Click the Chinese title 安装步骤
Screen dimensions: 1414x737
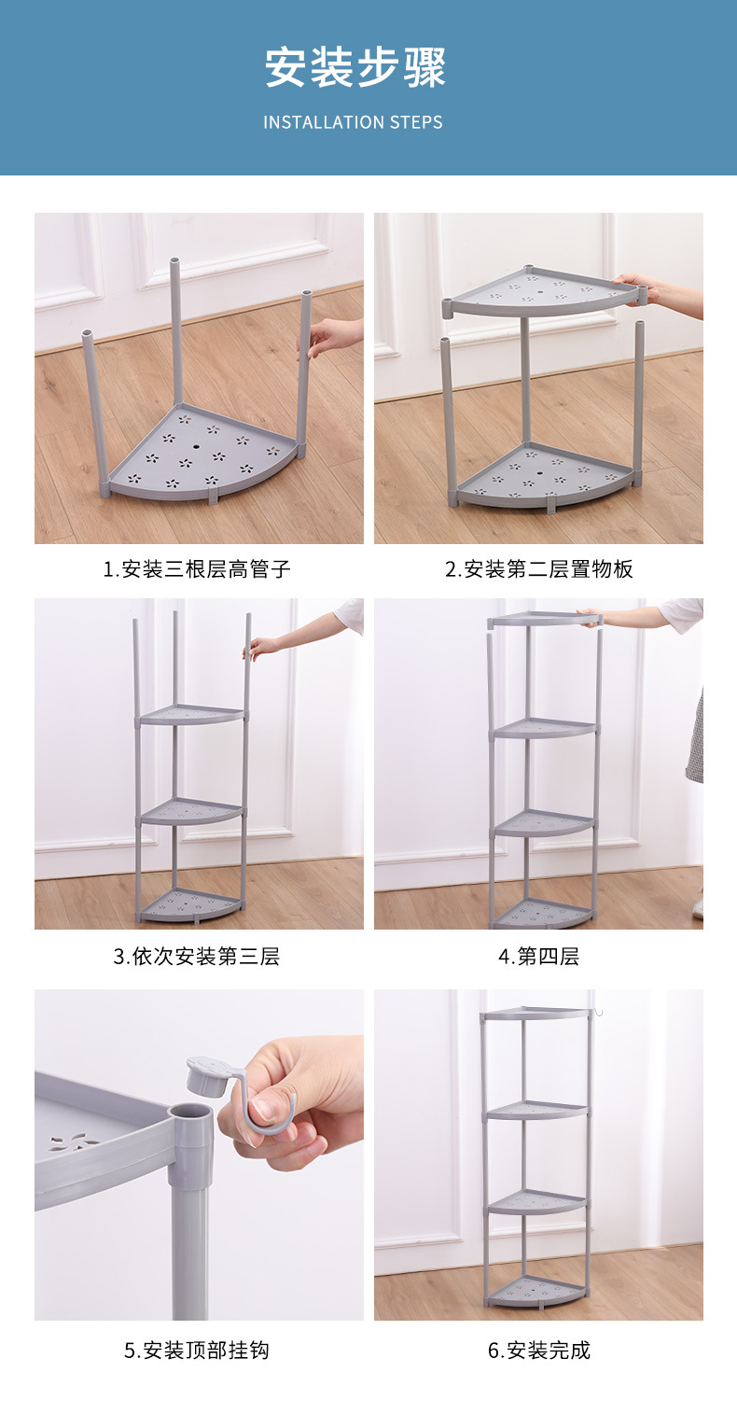click(355, 67)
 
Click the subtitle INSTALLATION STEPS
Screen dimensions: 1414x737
click(353, 122)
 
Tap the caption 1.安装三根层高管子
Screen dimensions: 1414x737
click(197, 568)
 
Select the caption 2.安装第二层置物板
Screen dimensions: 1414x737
click(539, 568)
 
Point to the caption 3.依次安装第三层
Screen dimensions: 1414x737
click(197, 956)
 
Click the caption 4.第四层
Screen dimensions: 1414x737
click(539, 956)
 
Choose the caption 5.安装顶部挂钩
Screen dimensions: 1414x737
click(197, 1350)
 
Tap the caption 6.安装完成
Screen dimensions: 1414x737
click(539, 1350)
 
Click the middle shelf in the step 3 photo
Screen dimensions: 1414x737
click(191, 811)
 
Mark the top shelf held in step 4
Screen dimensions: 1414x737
click(541, 619)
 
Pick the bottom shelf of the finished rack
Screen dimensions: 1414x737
click(538, 1294)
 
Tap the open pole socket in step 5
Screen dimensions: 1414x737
click(191, 1114)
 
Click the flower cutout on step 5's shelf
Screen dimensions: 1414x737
click(75, 1141)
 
